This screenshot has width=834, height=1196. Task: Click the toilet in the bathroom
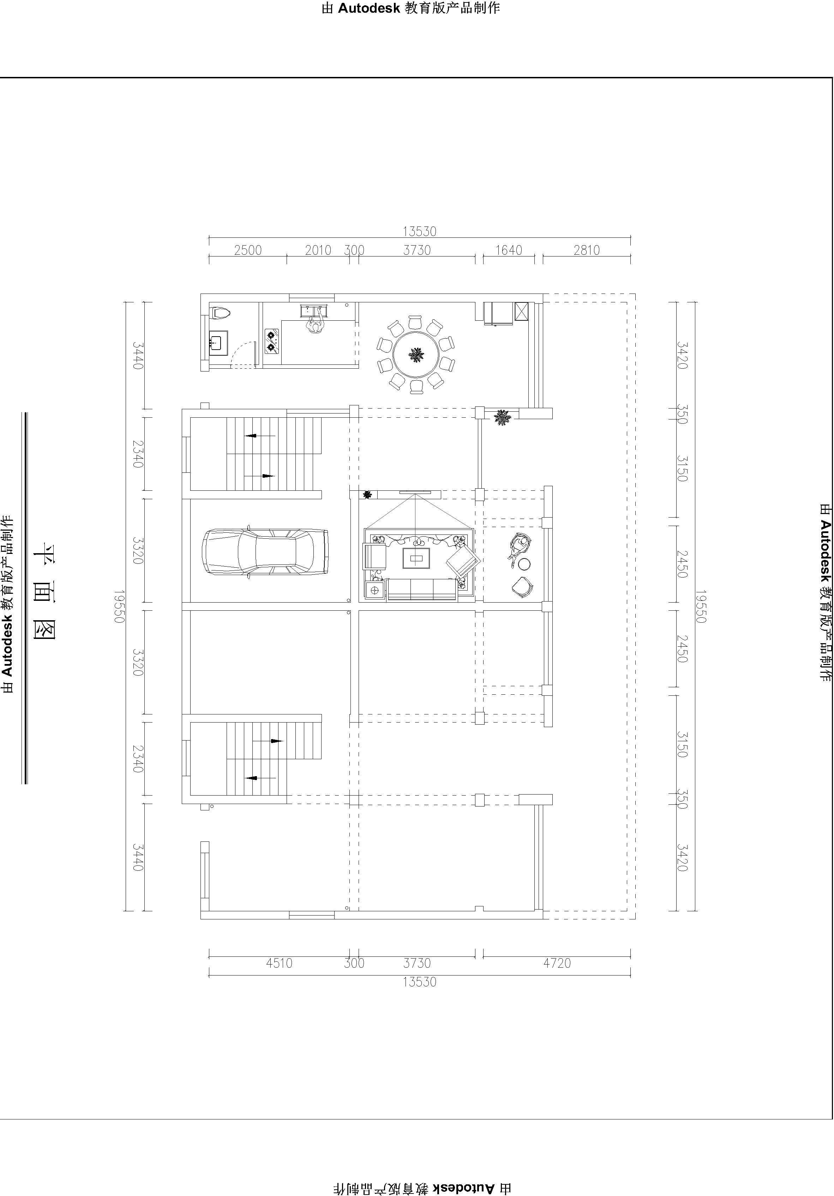[221, 313]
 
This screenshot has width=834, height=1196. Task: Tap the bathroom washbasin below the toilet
[218, 343]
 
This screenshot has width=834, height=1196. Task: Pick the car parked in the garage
[265, 552]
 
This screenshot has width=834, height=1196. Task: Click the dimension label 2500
[248, 250]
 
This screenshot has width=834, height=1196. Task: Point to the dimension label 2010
[318, 250]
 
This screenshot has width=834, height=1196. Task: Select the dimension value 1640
[508, 250]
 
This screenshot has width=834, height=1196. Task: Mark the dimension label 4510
[280, 963]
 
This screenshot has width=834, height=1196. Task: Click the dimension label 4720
[557, 963]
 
